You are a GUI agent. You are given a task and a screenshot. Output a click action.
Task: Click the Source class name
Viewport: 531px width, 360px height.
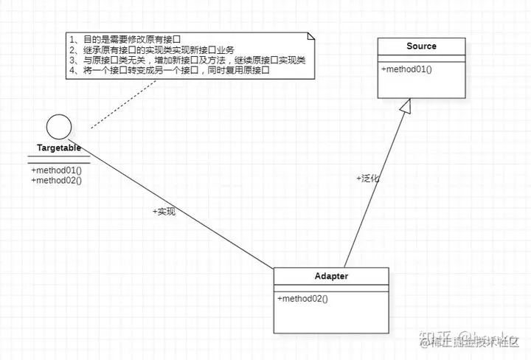421,46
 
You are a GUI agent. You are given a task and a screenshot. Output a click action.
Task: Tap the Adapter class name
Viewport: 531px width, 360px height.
331,277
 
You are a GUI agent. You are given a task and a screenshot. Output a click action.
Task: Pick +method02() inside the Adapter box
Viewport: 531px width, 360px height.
302,299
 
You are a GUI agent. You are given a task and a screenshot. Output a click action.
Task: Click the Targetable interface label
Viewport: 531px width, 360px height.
59,148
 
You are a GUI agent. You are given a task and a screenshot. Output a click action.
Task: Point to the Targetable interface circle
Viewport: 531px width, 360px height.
59,127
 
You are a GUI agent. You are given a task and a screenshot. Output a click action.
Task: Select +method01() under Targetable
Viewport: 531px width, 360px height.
56,170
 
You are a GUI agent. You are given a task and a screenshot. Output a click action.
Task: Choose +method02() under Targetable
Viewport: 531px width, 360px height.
56,180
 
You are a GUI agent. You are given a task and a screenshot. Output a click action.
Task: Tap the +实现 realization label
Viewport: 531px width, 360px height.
164,212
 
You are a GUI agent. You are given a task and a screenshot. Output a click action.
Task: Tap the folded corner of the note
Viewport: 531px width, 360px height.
312,36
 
